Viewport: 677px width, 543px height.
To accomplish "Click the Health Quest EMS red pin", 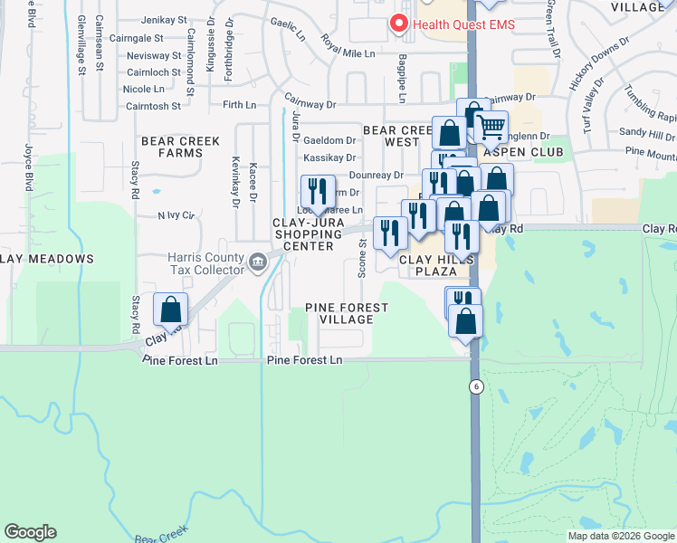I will point(396,24).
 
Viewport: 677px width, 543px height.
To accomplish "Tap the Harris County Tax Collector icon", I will point(257,263).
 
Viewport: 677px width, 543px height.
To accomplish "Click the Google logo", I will point(30,532).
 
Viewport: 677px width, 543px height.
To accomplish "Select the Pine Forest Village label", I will point(347,313).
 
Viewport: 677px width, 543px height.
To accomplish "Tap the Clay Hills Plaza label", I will point(437,263).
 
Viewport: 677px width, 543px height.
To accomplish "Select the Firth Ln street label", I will point(239,105).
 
